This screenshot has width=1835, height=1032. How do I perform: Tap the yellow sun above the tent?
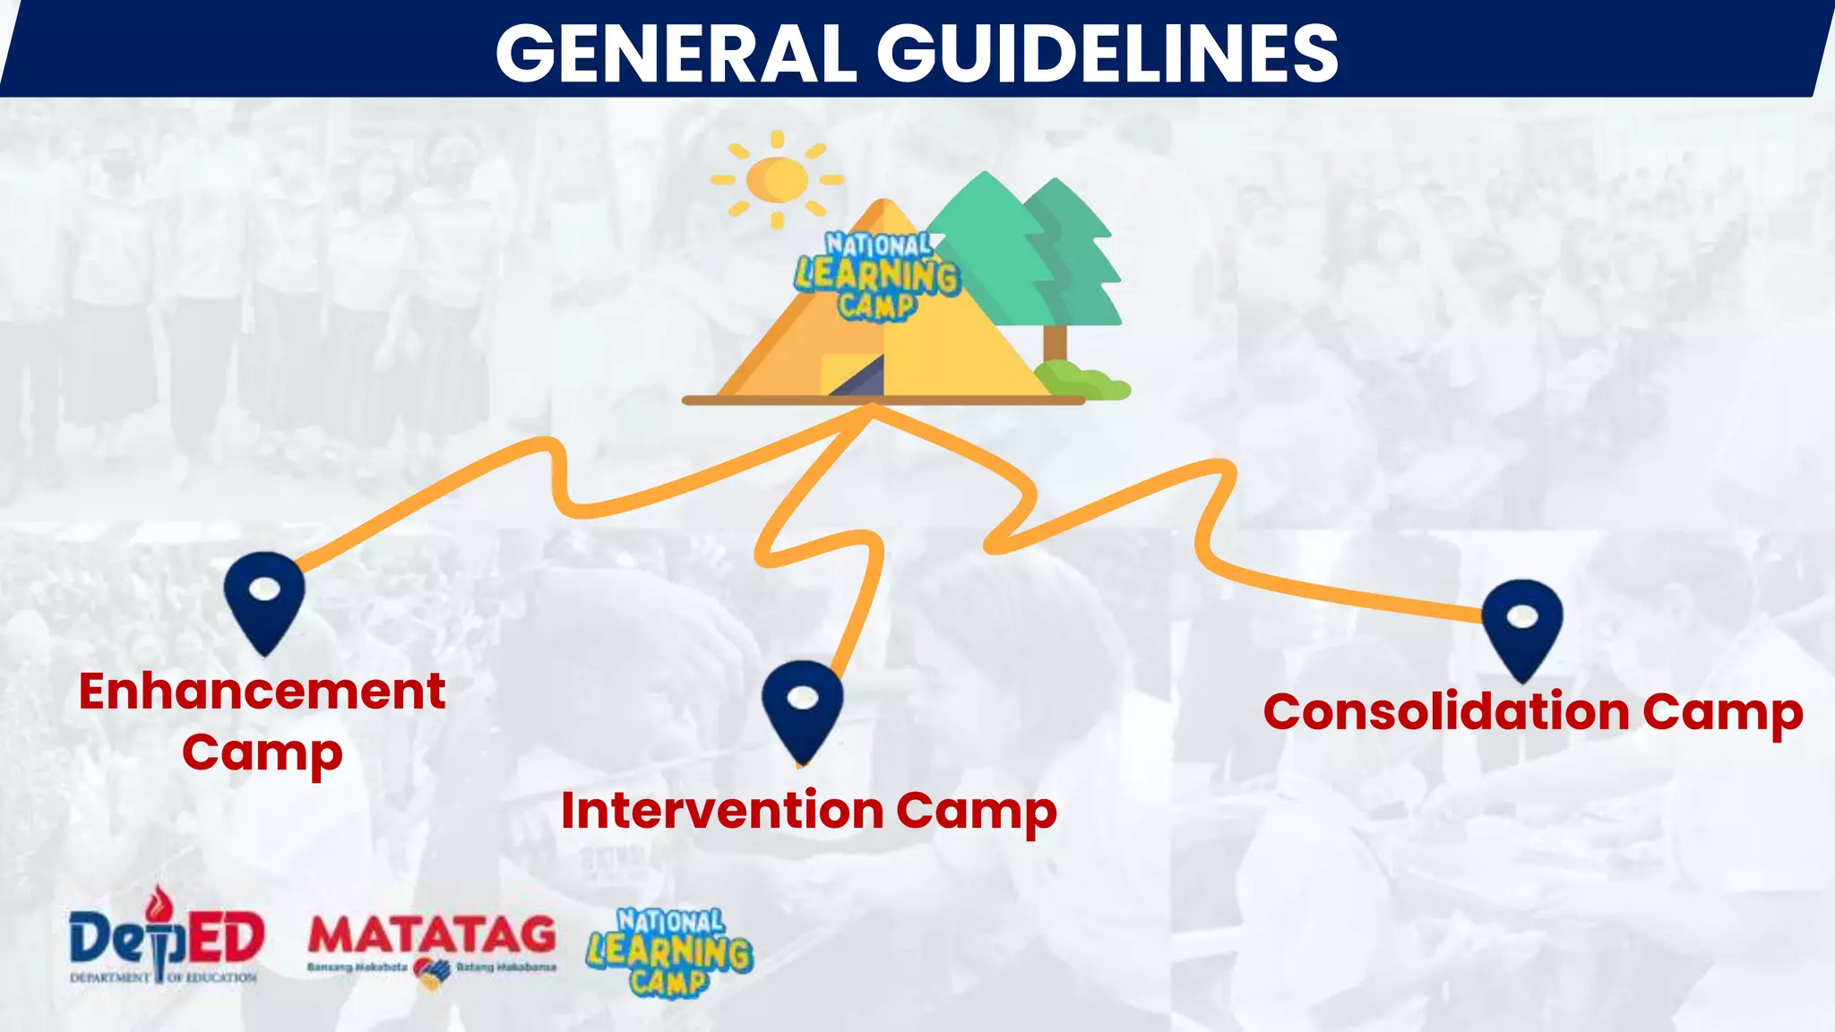(x=777, y=179)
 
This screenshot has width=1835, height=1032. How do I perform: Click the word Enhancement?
(x=262, y=692)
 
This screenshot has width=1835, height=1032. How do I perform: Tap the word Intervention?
(x=722, y=811)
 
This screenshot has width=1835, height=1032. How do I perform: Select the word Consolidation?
(x=1446, y=712)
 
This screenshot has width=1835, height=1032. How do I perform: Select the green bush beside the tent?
(x=1082, y=380)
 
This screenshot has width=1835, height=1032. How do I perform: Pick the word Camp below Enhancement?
(x=262, y=752)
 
